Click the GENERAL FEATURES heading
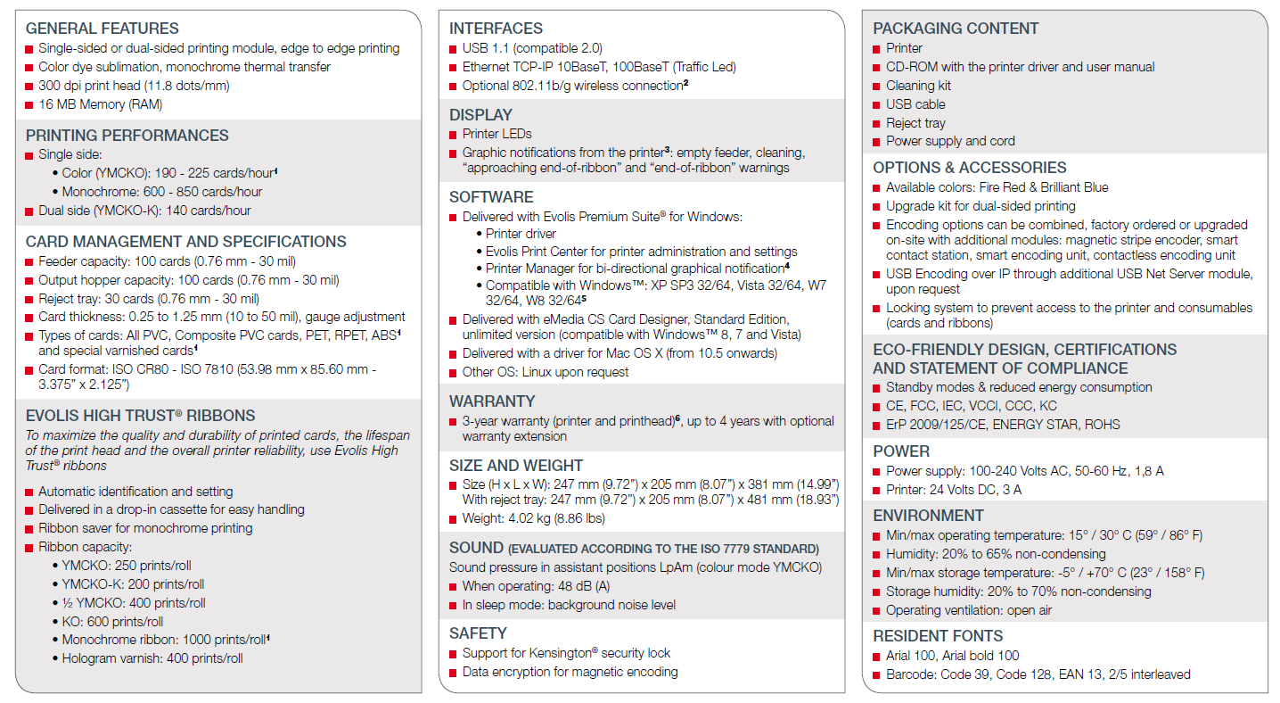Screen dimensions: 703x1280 tap(102, 29)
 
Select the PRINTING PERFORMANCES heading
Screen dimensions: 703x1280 tap(127, 136)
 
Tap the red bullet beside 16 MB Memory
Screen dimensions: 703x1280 tap(29, 105)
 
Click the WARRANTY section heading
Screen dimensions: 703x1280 tap(492, 401)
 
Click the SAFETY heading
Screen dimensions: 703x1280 tap(478, 633)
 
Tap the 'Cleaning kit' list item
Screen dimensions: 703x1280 tap(918, 86)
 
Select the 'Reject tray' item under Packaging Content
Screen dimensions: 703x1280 tap(915, 123)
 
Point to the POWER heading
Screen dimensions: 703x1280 tap(901, 451)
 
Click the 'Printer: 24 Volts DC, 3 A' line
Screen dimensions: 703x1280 tap(954, 490)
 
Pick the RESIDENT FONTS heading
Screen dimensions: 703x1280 tap(938, 636)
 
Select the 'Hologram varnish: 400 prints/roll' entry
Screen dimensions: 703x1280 tap(152, 658)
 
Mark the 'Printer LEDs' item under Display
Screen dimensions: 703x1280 tap(496, 134)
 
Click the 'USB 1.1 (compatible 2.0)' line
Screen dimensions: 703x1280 tap(532, 48)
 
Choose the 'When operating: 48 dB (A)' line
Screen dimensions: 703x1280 tap(536, 586)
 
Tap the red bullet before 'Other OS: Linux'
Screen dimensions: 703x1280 tap(454, 373)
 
